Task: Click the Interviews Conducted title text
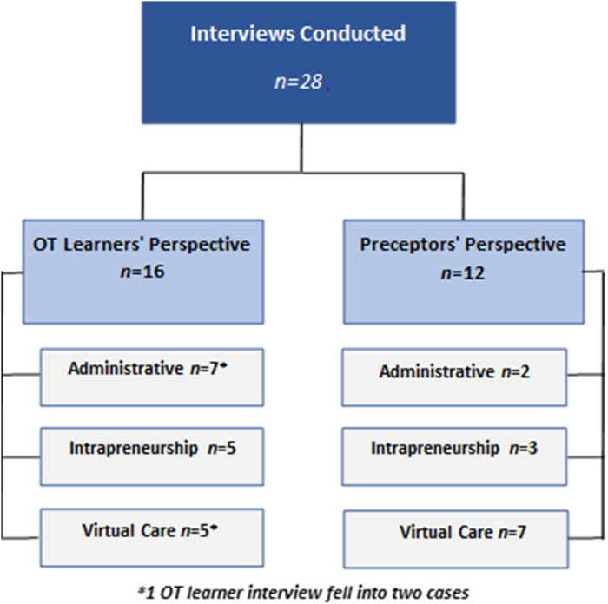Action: pos(298,35)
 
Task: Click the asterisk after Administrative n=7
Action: pos(223,366)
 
